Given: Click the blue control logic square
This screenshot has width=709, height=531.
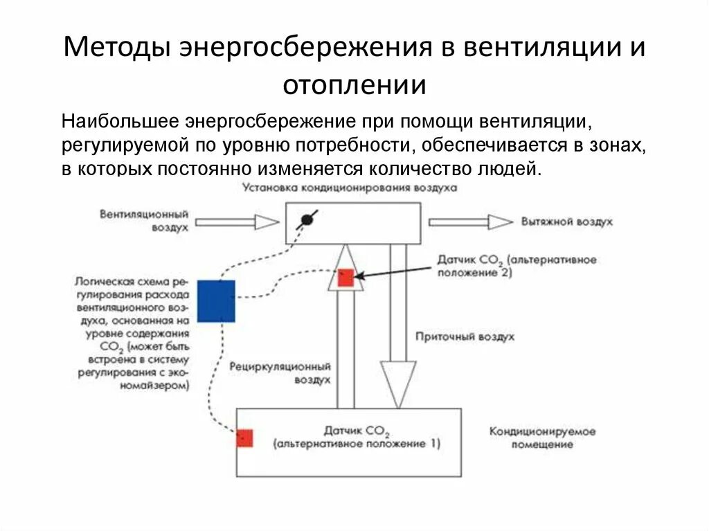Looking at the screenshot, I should point(216,301).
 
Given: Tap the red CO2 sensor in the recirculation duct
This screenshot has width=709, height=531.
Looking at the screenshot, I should point(345,278).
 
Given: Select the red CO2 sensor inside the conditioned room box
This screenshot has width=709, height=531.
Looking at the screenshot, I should point(244,438).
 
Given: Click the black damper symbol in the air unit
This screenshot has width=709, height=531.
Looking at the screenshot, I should point(305,220).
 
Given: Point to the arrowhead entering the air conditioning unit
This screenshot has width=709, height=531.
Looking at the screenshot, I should point(266,222).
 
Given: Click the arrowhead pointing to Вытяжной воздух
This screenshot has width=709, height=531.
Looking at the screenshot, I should point(499,222).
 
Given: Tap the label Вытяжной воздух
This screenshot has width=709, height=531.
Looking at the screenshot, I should point(562,222).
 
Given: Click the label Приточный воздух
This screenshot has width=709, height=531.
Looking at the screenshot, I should point(465,337).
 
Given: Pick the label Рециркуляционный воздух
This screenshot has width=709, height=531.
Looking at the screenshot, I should point(280,372).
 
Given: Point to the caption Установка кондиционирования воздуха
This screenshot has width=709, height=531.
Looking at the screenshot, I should point(350,188).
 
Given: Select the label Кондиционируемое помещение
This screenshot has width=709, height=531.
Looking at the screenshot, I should point(543,438).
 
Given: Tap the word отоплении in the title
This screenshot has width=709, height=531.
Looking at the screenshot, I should point(354,85).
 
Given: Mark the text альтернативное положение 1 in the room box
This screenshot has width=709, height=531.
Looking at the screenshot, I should point(357,443).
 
